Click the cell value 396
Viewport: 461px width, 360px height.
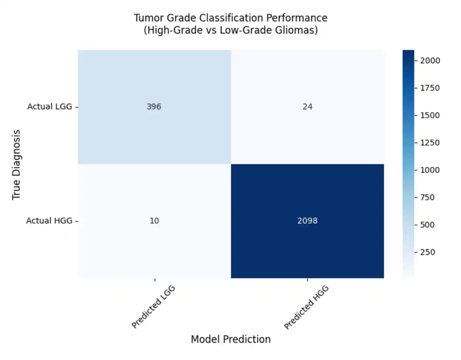click(x=154, y=107)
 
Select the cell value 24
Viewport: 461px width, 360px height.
click(x=308, y=107)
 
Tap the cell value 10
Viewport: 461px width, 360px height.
click(x=154, y=221)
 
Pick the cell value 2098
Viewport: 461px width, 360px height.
click(x=308, y=221)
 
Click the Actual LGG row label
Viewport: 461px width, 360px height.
click(x=50, y=107)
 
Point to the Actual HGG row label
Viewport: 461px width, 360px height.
click(x=49, y=221)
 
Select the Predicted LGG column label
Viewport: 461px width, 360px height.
click(x=153, y=307)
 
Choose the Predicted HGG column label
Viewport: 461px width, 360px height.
click(x=306, y=307)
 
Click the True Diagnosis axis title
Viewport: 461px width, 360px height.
click(x=16, y=165)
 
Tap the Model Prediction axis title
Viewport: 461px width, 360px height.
click(x=231, y=339)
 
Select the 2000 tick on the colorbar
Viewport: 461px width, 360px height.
click(x=430, y=61)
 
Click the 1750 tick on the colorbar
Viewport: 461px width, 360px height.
click(x=430, y=88)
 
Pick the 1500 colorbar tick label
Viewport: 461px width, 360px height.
click(x=430, y=115)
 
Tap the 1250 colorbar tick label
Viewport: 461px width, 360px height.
click(x=430, y=143)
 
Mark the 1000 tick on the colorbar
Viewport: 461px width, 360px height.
click(x=430, y=170)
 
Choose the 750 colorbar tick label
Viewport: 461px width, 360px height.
click(x=427, y=198)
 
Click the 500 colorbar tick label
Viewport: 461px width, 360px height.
click(x=427, y=225)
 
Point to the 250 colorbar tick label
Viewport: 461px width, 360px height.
click(x=427, y=252)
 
